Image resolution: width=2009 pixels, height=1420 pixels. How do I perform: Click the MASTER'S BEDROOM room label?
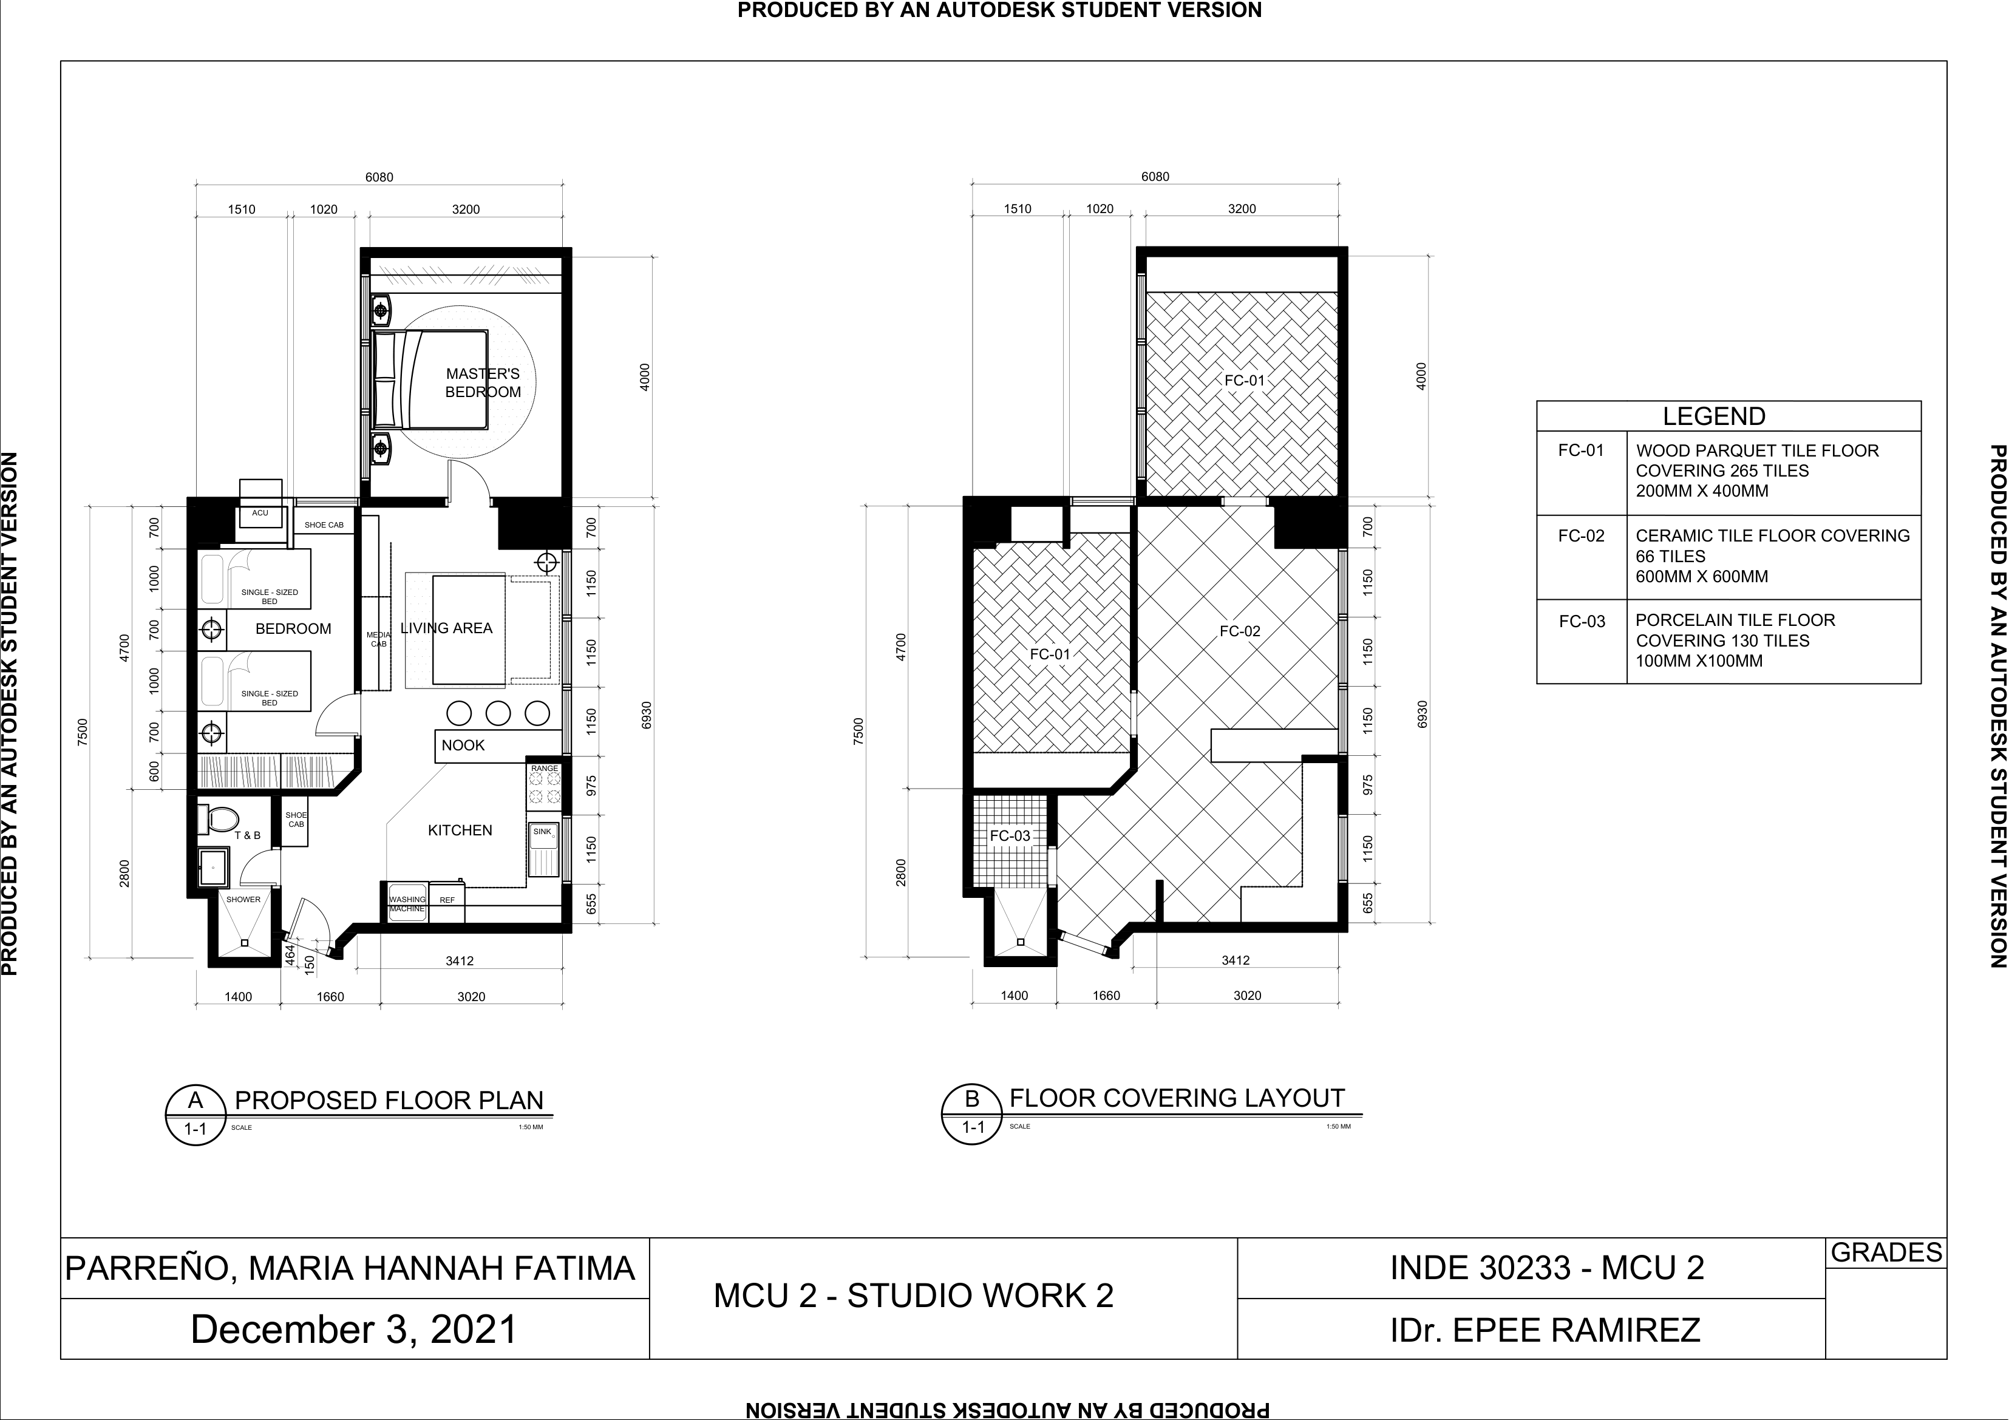[483, 383]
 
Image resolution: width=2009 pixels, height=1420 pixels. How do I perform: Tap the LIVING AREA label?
[446, 628]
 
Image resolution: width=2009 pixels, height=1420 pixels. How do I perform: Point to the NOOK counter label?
[463, 746]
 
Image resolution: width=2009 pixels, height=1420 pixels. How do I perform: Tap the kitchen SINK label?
[543, 832]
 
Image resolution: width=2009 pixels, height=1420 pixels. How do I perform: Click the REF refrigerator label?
[447, 900]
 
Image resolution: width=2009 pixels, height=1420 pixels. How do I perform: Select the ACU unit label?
[260, 513]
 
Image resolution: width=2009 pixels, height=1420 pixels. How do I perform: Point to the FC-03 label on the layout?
[1010, 835]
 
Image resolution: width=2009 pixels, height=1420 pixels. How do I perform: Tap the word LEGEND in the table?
[1714, 416]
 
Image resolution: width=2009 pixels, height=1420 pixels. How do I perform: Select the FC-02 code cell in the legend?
[1582, 536]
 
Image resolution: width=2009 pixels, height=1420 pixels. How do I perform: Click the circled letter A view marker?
[196, 1100]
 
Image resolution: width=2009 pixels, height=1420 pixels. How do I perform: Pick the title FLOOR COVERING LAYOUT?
[1177, 1098]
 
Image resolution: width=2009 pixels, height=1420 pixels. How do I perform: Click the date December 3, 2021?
[355, 1330]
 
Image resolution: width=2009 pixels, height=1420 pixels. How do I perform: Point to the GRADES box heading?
[1886, 1253]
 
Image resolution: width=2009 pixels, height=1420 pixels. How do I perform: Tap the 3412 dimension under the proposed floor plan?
[460, 960]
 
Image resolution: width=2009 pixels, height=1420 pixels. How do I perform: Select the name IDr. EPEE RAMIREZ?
[1545, 1330]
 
